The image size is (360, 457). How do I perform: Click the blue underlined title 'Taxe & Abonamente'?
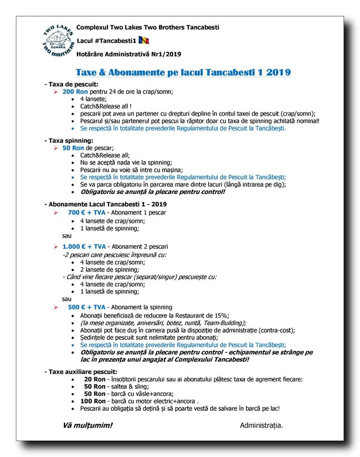tap(183, 72)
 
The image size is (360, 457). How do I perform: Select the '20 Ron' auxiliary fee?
tap(95, 379)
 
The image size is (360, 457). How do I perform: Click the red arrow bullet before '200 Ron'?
tap(56, 91)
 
